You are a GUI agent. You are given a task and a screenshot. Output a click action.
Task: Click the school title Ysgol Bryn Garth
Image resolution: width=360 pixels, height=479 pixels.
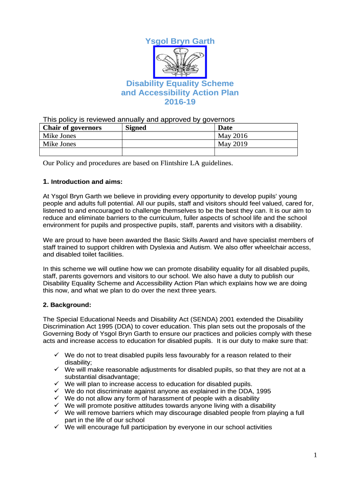(x=180, y=41)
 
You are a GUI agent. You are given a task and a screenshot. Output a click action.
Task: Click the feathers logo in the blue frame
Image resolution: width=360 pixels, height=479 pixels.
(x=180, y=62)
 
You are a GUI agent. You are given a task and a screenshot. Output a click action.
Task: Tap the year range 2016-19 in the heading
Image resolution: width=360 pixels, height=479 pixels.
(x=180, y=102)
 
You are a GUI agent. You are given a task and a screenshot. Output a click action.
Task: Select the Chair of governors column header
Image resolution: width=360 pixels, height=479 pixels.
(x=72, y=128)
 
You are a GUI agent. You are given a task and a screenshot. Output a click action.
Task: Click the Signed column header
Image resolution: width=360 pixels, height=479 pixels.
(x=136, y=128)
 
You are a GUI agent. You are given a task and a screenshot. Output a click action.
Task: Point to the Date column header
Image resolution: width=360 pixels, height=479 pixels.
(x=225, y=128)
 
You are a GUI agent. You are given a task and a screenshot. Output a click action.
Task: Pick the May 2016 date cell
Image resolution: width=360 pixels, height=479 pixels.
(x=233, y=136)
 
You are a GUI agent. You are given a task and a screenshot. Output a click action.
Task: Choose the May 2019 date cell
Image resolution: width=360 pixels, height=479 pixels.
(x=233, y=144)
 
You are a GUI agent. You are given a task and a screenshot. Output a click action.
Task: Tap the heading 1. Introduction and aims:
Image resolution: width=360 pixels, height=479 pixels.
(x=82, y=181)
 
